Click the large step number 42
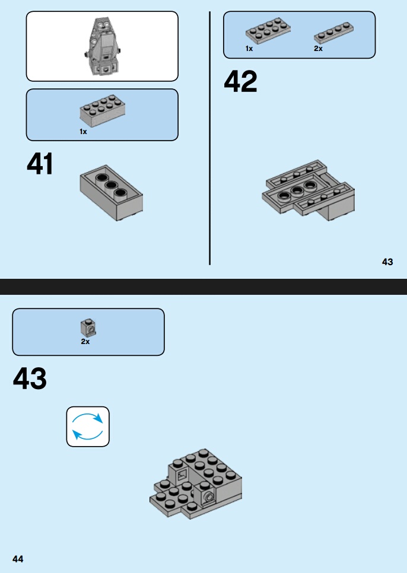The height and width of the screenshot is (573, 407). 240,81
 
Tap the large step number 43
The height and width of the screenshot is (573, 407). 30,378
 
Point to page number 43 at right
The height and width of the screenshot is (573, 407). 387,262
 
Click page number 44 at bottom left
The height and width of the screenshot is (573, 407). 18,559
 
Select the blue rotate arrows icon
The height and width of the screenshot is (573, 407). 88,426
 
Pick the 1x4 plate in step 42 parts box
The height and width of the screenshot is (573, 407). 333,33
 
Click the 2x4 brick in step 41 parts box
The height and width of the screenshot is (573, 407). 103,111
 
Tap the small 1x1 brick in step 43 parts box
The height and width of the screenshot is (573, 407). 88,327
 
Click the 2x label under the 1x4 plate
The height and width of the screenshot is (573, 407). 318,48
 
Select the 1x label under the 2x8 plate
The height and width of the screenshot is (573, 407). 249,48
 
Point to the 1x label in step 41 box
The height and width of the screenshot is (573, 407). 83,132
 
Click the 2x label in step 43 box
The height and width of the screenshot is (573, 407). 85,341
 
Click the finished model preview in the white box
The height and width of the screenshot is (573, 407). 102,46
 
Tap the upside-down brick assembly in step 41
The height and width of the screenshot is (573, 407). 112,193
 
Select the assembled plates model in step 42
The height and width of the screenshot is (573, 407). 309,190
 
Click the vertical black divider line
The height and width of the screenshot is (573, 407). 209,138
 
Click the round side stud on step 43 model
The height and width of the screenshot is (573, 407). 209,497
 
